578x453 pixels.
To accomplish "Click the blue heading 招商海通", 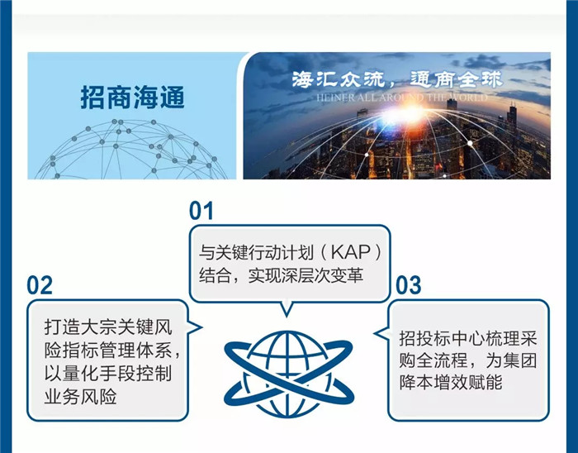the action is click(x=132, y=98).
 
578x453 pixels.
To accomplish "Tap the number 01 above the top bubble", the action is click(x=201, y=211).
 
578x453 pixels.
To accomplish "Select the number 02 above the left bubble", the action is click(x=40, y=285).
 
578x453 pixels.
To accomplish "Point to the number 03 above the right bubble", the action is click(x=409, y=285).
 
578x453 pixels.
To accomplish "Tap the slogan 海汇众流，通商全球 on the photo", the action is click(x=397, y=79).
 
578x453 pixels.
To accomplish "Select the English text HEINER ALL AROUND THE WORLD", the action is click(x=402, y=98).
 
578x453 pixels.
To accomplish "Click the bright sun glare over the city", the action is click(x=409, y=112).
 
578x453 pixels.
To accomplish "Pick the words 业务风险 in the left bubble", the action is click(x=80, y=397).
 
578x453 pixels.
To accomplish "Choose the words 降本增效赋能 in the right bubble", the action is click(x=451, y=382).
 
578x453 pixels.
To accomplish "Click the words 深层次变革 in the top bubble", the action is click(x=318, y=275).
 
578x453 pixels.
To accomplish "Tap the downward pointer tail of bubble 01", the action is click(x=287, y=309).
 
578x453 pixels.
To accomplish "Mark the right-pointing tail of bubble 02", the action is click(x=195, y=327).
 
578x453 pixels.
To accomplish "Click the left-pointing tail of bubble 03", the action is click(x=381, y=333).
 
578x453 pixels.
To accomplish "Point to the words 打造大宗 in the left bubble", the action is click(x=80, y=327).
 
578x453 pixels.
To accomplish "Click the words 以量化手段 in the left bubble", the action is click(x=89, y=374).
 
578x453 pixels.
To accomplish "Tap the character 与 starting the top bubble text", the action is click(x=206, y=252).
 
